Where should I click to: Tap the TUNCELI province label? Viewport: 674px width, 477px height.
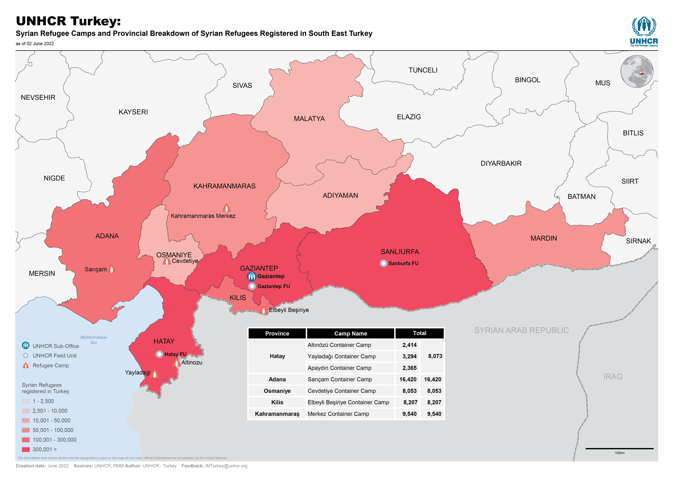423,70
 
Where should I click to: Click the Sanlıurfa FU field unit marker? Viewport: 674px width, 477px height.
383,263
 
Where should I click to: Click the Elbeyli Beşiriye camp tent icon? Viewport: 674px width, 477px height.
263,310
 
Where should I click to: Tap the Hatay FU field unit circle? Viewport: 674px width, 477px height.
159,354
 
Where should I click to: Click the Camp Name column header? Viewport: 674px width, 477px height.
350,333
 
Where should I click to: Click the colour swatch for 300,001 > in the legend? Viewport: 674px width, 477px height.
26,449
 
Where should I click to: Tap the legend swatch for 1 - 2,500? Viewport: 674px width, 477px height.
26,401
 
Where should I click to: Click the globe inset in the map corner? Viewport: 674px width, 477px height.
637,71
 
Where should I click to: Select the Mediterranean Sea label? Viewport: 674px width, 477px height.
93,340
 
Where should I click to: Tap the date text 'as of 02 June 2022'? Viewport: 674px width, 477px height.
35,44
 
